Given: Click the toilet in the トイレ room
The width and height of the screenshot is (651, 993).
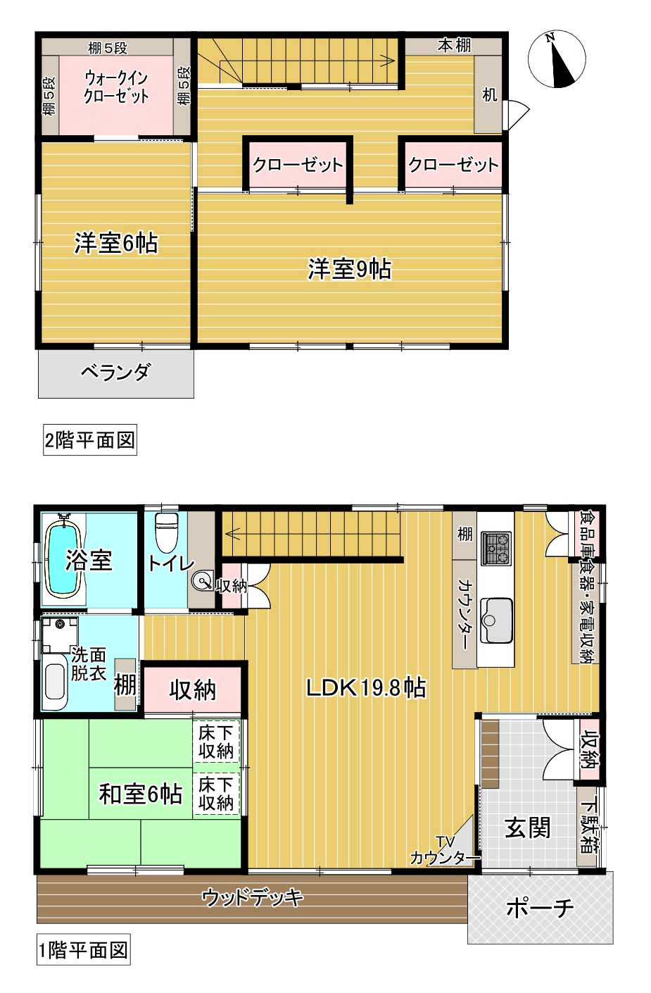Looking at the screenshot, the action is [x=167, y=532].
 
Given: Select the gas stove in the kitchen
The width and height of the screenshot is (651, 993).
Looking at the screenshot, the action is [x=495, y=549].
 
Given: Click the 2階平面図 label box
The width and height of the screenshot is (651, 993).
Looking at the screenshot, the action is [x=90, y=439].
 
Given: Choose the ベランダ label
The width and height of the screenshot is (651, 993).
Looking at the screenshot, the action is [x=116, y=372].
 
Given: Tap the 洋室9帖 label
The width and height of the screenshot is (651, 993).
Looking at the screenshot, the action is [x=349, y=269].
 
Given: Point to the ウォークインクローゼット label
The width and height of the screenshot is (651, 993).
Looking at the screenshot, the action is [x=116, y=87].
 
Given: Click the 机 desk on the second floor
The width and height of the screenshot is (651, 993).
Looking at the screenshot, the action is [x=488, y=94].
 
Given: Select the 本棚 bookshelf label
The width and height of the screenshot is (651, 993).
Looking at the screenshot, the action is [x=454, y=46].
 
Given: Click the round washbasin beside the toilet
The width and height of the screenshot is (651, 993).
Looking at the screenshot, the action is [x=203, y=581].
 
